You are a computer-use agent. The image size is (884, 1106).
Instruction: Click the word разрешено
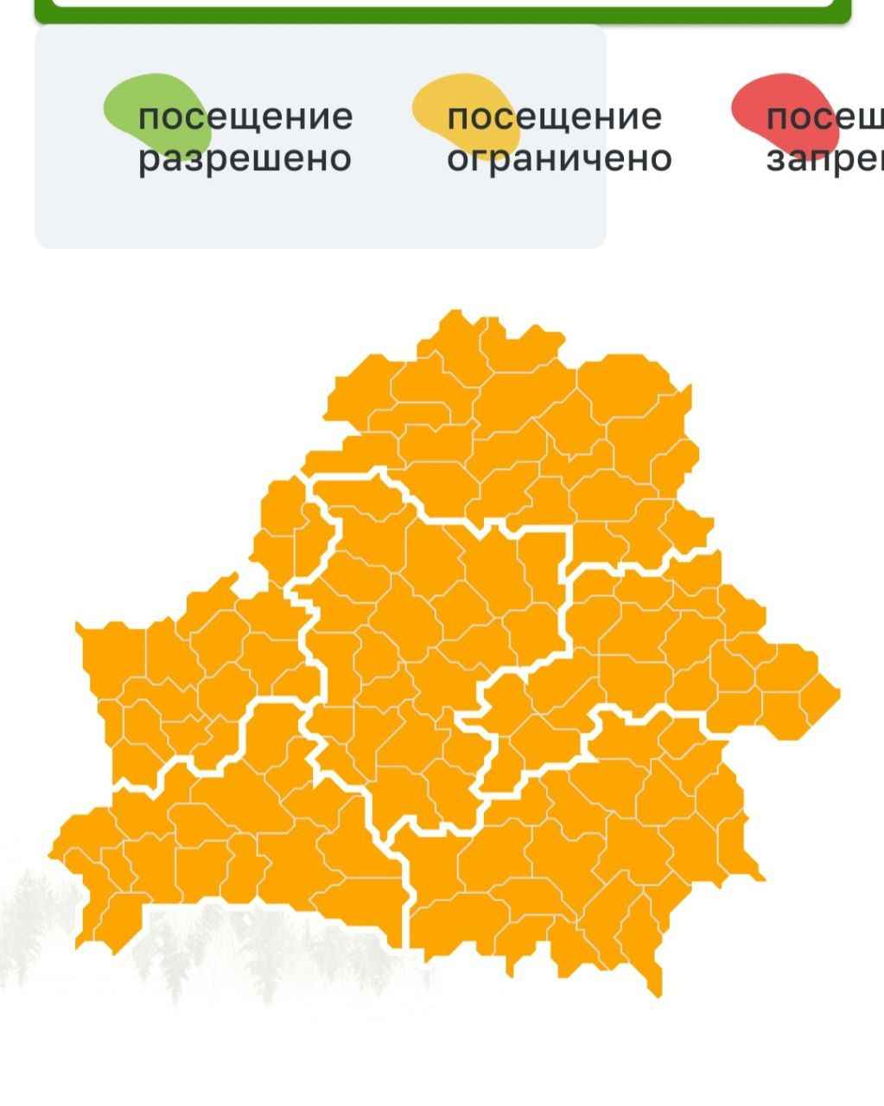pos(245,159)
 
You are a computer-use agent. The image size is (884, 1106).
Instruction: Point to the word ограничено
pos(558,159)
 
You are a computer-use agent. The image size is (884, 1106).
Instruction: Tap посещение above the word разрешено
pos(245,117)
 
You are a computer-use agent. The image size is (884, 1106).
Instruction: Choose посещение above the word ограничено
pos(554,117)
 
